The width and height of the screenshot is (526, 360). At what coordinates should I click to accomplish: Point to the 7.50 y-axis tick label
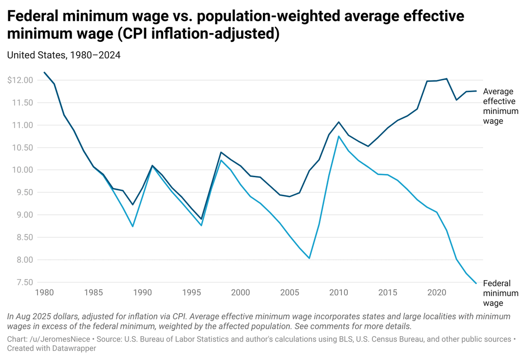(22, 283)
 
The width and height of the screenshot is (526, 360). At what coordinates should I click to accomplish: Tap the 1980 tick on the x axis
(44, 293)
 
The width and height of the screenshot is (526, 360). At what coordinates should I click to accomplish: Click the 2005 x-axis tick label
(290, 293)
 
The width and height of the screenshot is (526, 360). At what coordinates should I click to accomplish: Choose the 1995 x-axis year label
(191, 293)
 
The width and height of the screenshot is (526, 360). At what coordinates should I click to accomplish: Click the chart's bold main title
(236, 25)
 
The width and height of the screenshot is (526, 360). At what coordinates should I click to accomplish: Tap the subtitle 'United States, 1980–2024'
(64, 55)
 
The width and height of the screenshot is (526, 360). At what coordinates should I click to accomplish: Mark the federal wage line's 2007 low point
(309, 258)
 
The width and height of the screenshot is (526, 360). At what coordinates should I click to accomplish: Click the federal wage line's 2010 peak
(338, 136)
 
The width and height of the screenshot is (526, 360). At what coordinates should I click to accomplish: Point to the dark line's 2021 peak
(447, 78)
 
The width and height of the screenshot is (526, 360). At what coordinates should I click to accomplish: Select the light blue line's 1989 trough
(132, 227)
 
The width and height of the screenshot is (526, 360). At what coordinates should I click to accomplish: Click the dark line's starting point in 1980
(44, 73)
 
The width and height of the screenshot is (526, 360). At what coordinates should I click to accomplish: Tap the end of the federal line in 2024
(476, 283)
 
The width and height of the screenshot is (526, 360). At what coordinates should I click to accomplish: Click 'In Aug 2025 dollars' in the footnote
(39, 317)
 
